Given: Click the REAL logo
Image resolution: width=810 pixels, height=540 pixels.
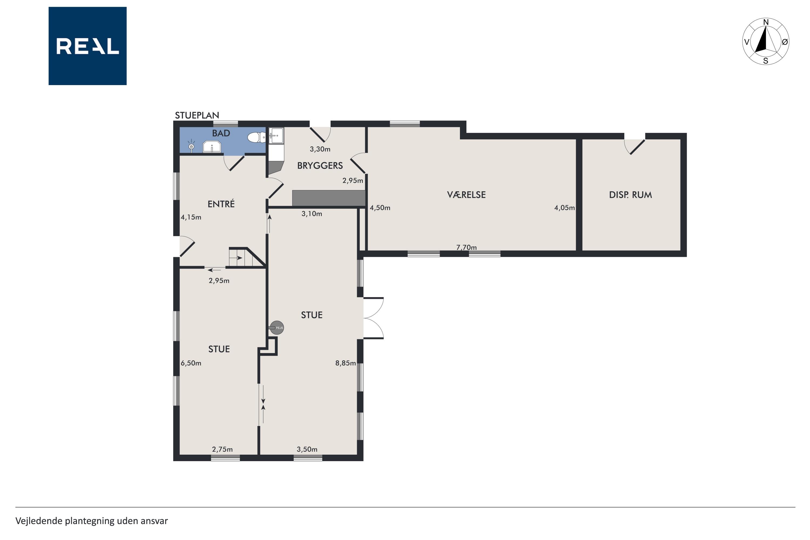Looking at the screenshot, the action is [x=87, y=46].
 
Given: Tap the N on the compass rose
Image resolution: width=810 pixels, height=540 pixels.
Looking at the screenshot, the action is [x=766, y=22].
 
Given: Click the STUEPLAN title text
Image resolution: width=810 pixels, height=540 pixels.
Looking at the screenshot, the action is [x=197, y=115].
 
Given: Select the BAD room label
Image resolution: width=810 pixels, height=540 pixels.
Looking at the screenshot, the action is [x=221, y=133].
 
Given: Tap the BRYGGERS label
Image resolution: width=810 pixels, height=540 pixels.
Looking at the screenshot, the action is [x=320, y=166].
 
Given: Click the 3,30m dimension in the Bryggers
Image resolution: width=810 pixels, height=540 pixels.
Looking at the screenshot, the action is [x=320, y=149].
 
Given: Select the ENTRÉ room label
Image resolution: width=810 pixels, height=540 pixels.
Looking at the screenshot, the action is [x=221, y=204].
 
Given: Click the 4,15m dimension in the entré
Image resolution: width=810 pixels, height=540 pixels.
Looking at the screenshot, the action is [x=191, y=217].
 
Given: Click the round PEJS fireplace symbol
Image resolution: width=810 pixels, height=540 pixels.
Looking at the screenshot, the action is [x=277, y=328].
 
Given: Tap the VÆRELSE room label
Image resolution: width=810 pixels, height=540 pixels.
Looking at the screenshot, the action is [x=466, y=195].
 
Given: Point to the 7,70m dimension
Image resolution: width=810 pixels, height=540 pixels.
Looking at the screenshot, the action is [x=466, y=247].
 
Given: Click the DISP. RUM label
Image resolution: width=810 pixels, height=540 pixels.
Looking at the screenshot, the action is [x=630, y=195].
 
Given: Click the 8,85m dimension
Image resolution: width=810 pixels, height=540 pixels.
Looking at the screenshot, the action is [x=345, y=363].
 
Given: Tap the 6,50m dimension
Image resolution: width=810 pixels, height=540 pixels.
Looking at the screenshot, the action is [x=191, y=363].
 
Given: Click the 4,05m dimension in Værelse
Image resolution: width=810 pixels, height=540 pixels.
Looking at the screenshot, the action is [x=565, y=208].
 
